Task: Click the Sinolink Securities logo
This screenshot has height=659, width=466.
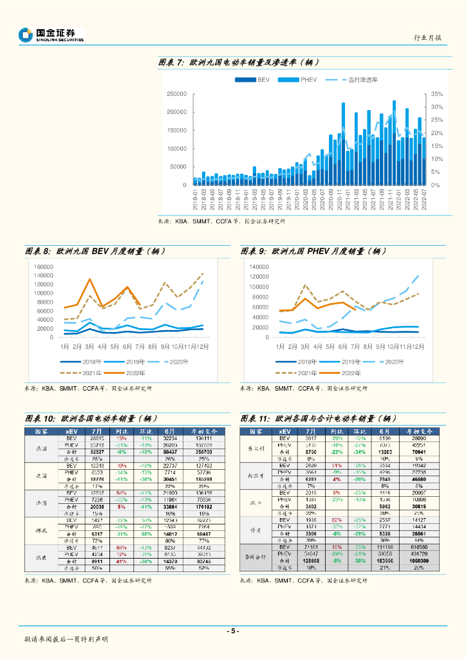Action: click(x=52, y=35)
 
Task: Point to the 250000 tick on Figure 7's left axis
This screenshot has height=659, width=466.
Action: click(x=176, y=94)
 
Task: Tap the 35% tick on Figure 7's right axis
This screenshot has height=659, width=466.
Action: click(x=437, y=94)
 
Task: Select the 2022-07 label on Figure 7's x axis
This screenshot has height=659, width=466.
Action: click(x=424, y=198)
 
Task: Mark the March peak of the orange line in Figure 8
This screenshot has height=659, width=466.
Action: click(x=89, y=279)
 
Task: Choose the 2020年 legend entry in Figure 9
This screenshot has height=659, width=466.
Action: click(x=387, y=362)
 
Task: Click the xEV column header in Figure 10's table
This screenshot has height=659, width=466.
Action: click(x=71, y=431)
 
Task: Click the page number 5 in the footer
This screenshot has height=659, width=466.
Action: click(x=233, y=631)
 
